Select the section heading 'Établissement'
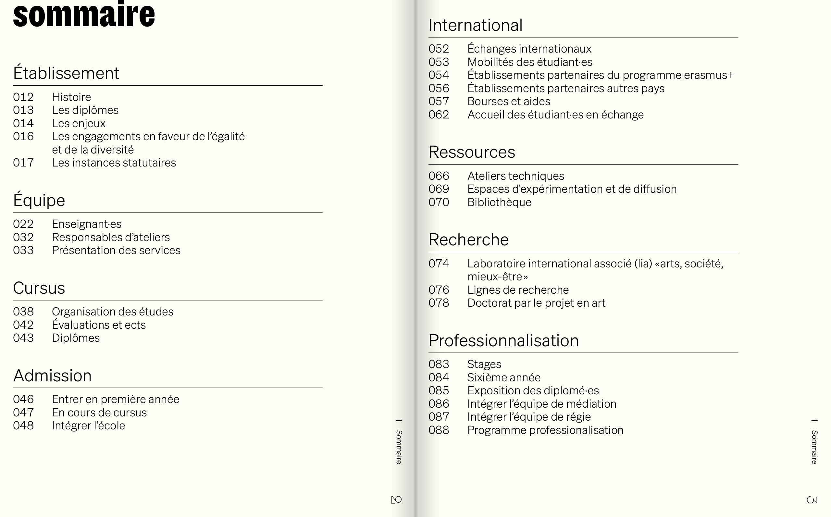point(66,73)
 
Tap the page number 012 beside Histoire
point(23,97)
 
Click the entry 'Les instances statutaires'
point(114,163)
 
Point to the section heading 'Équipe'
point(39,200)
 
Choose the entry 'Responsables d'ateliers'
point(111,237)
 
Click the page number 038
point(23,312)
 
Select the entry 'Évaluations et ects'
point(99,325)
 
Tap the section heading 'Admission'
point(52,376)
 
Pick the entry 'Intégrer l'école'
point(89,426)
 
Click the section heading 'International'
point(475,25)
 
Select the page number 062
point(439,115)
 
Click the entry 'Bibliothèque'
point(499,203)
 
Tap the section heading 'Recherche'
point(468,240)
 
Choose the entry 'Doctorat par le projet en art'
point(536,303)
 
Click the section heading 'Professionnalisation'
point(503,340)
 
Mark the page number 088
point(439,430)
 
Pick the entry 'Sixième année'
point(504,377)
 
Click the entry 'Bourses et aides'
point(509,102)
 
